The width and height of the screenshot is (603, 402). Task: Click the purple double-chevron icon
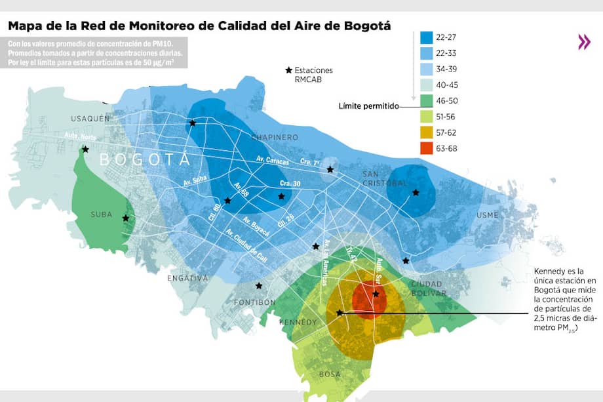point(584,43)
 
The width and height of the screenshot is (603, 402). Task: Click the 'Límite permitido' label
point(368,106)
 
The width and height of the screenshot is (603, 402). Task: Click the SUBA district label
point(101,214)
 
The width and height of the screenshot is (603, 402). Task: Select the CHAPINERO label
point(275,137)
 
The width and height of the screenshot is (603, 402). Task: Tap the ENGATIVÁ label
point(187,278)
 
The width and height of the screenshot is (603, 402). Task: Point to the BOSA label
point(330,374)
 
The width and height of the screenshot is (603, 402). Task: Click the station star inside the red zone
point(376,294)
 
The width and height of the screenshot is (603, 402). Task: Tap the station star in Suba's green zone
point(125,218)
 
